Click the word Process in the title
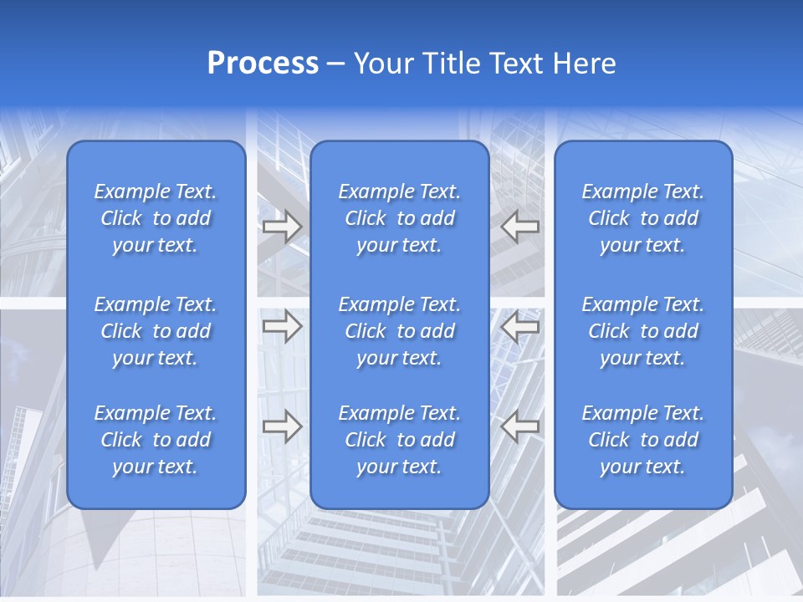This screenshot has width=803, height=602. (x=263, y=64)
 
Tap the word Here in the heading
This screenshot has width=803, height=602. (x=584, y=64)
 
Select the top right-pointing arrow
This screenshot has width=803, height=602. (x=282, y=227)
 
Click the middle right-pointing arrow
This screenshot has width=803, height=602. (x=282, y=326)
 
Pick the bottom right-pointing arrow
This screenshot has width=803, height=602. (x=282, y=426)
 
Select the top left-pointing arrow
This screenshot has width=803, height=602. (x=520, y=227)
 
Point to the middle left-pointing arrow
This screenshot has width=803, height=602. (x=520, y=326)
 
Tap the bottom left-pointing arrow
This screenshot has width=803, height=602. (x=520, y=426)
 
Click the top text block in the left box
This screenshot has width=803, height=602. (x=156, y=218)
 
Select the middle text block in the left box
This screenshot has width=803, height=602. (x=156, y=331)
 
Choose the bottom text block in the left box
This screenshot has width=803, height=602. (x=156, y=440)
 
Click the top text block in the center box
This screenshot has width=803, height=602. (x=399, y=218)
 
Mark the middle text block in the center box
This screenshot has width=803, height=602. (x=399, y=331)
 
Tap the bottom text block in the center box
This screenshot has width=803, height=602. (x=399, y=440)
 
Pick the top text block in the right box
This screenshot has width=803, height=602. (x=642, y=218)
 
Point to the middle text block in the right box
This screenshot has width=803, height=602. (x=642, y=331)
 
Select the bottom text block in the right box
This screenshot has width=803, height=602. (x=642, y=440)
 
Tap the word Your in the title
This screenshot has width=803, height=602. (x=381, y=64)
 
